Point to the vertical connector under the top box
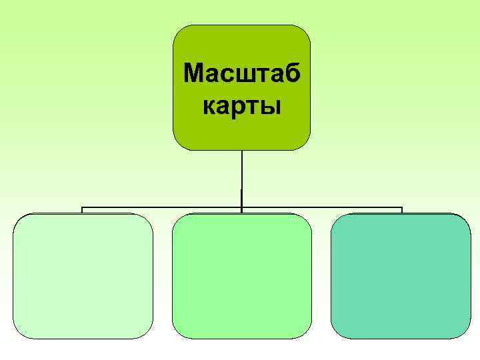point(242,173)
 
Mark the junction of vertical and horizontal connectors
point(242,208)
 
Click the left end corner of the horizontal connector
point(82,208)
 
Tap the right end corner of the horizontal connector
point(402,208)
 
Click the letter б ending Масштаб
point(292,72)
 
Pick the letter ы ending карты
point(272,107)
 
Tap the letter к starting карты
point(208,107)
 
